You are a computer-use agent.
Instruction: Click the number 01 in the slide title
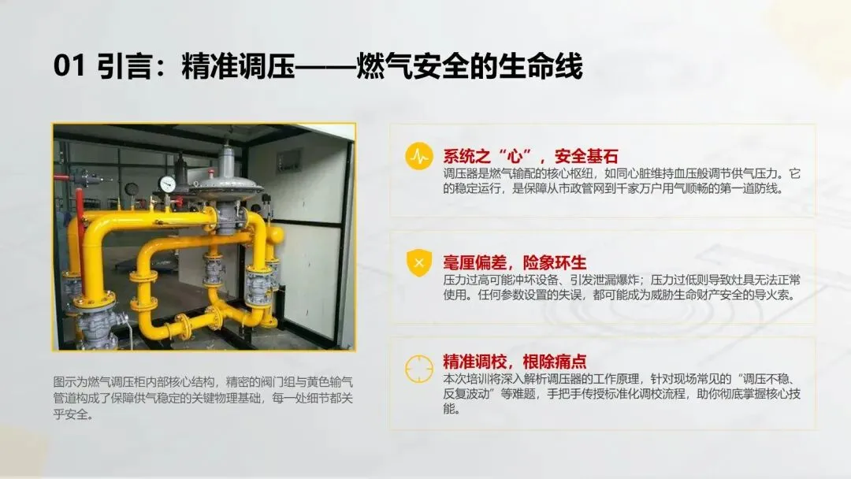point(69,65)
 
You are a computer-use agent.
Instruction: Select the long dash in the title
point(325,66)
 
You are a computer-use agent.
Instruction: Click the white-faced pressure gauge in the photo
point(168,184)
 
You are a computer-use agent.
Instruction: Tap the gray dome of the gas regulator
point(228,186)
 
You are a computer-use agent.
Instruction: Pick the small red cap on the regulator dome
point(211,173)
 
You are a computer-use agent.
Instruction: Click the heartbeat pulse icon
point(419,156)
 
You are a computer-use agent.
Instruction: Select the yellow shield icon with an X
point(419,262)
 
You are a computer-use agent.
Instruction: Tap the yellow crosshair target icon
point(419,369)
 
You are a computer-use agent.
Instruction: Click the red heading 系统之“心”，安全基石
point(530,156)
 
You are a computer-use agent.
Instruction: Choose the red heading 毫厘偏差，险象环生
point(515,262)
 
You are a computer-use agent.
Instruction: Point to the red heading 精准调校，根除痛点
point(515,362)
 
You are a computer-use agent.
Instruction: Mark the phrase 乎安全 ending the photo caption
point(70,414)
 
